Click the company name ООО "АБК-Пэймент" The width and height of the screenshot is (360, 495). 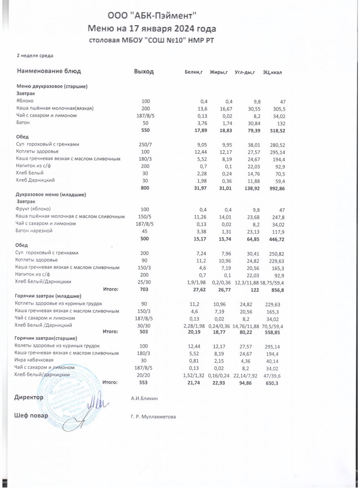click(x=152, y=16)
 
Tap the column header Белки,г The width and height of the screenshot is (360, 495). click(x=193, y=73)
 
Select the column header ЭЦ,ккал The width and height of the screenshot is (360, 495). click(x=272, y=73)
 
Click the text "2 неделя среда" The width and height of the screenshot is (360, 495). click(x=35, y=55)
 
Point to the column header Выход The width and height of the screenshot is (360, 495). click(x=144, y=72)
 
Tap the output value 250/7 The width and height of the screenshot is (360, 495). click(x=146, y=145)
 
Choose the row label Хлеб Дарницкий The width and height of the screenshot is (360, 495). click(x=35, y=181)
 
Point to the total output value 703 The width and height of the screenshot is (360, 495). click(x=144, y=290)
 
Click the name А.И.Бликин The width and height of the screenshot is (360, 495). click(x=144, y=398)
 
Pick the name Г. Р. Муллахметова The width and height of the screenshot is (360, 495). click(x=153, y=417)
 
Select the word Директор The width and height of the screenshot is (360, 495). click(x=28, y=397)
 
